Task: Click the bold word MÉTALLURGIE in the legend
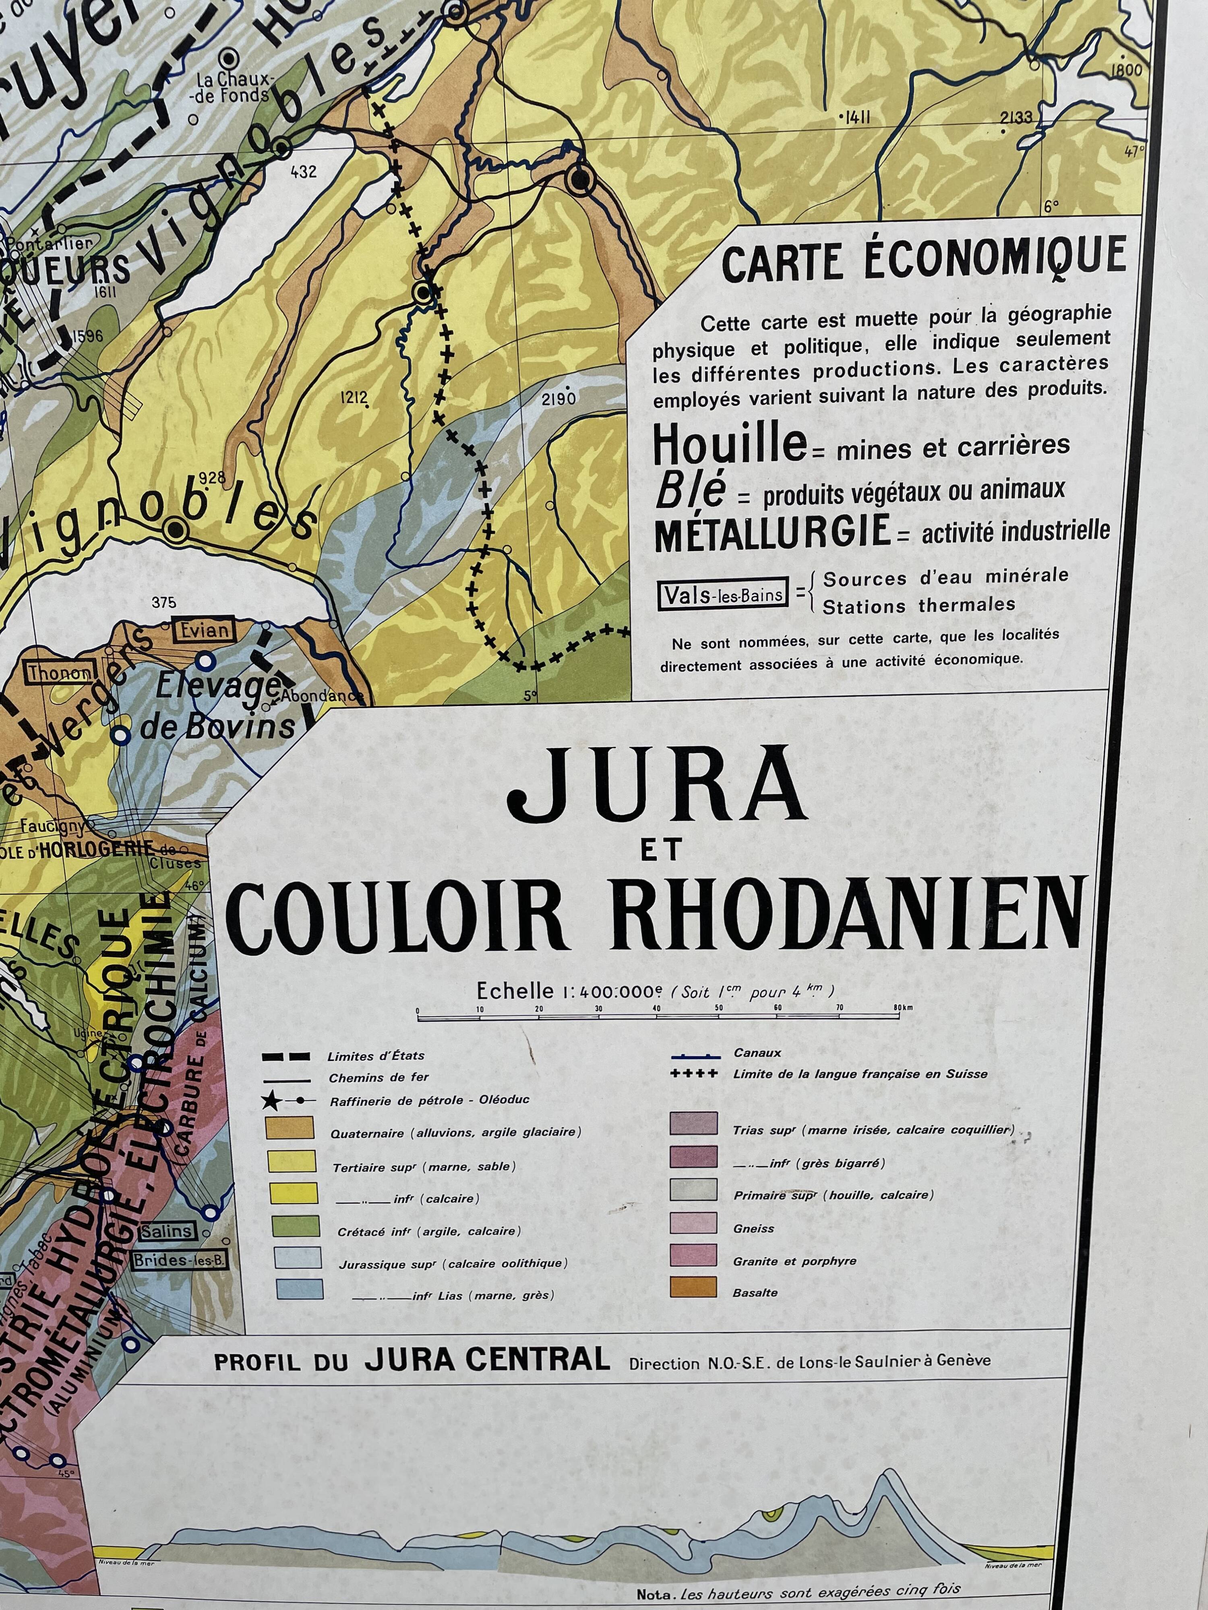click(773, 533)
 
